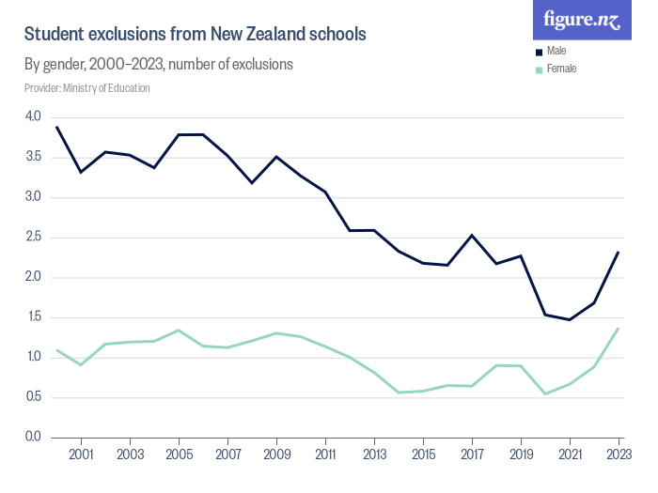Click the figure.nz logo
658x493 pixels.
(x=583, y=19)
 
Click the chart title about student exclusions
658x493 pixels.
(x=195, y=34)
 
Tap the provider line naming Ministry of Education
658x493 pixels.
(x=87, y=88)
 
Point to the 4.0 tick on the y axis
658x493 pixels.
(x=33, y=116)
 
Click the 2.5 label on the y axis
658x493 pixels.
(x=33, y=237)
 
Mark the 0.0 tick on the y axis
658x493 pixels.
(x=33, y=437)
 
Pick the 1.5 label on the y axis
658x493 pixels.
(x=33, y=317)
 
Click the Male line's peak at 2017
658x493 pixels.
(x=472, y=235)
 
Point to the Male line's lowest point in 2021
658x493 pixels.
(x=570, y=319)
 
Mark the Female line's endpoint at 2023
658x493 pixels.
(x=619, y=328)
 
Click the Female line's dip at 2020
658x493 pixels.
(x=545, y=393)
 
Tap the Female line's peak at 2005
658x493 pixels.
(x=179, y=330)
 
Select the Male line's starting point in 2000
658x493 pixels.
(x=57, y=127)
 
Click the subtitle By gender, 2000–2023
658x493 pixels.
(x=159, y=65)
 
